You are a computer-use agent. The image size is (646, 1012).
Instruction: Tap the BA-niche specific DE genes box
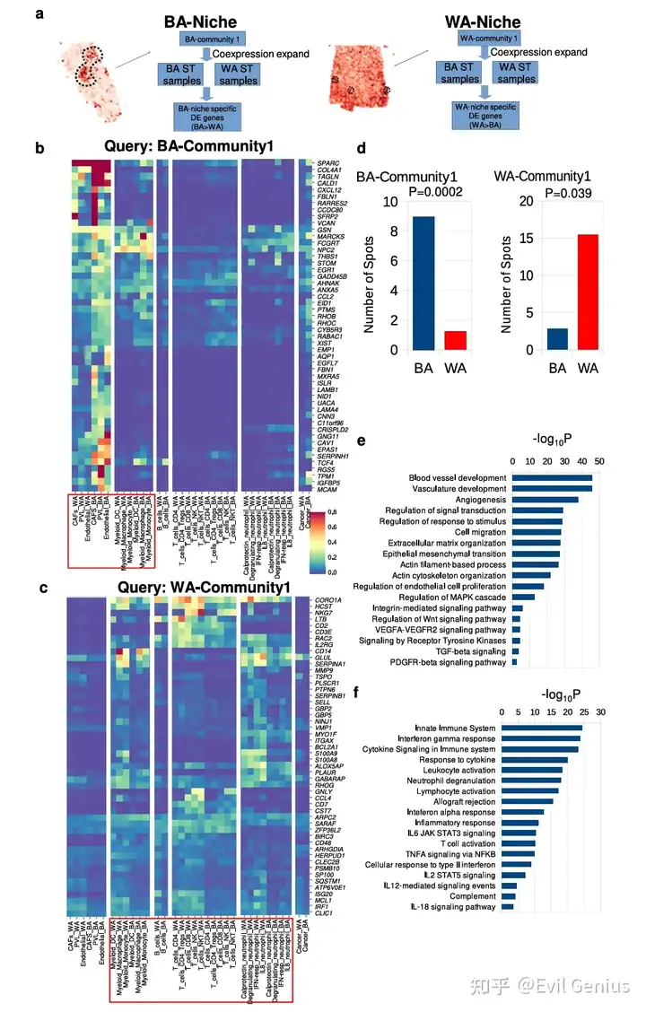(x=207, y=115)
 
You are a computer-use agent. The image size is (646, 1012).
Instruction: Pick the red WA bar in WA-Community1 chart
(x=586, y=292)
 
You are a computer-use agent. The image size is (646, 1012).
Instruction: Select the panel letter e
(x=361, y=441)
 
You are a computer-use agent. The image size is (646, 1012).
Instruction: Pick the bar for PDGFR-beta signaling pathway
(x=515, y=662)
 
